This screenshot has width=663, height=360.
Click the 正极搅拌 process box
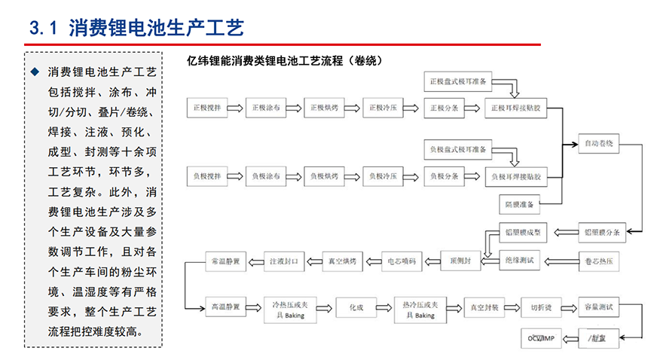[205, 108]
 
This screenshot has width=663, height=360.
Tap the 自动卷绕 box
[599, 142]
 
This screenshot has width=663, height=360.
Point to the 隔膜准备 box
[520, 204]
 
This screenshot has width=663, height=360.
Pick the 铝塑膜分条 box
[599, 233]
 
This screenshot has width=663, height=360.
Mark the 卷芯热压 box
[599, 262]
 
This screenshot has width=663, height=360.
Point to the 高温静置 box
[225, 307]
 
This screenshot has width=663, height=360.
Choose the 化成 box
[356, 307]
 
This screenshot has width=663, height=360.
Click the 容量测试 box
[599, 307]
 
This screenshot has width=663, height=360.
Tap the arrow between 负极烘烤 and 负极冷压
[353, 176]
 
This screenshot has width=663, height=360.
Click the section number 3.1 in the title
[42, 29]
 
